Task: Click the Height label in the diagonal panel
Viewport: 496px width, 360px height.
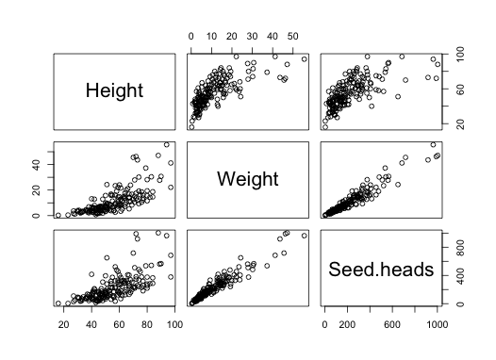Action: [114, 91]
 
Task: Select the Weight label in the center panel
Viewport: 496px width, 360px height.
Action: [249, 179]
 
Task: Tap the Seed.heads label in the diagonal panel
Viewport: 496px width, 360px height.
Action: [380, 270]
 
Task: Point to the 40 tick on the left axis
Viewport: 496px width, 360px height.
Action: [42, 164]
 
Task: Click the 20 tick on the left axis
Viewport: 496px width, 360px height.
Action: [42, 189]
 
